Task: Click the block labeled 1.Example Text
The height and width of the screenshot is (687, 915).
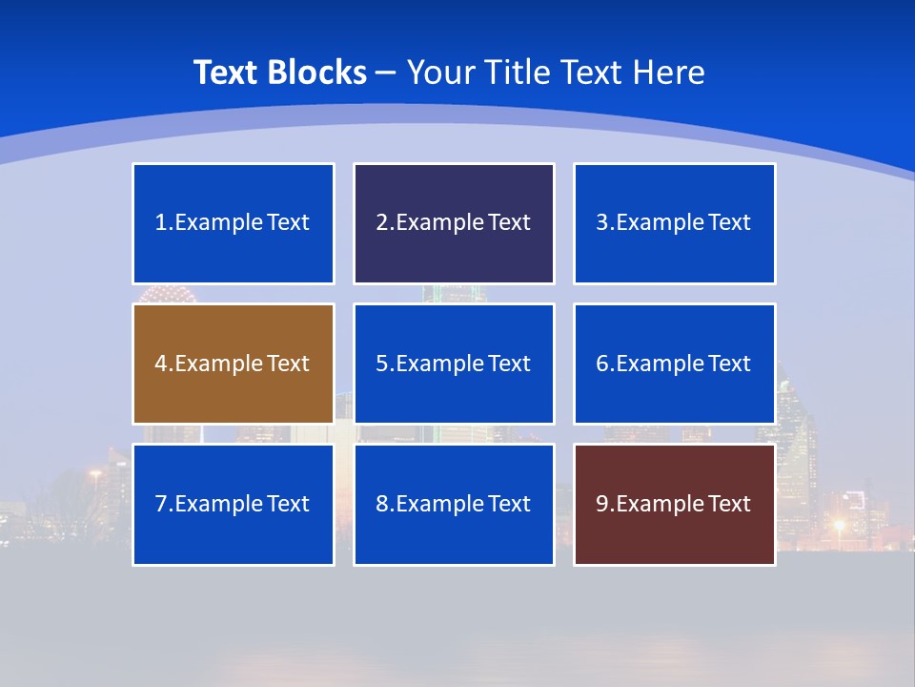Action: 234,223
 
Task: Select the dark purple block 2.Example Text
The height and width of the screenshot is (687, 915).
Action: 454,223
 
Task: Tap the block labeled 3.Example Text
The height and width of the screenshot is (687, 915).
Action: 674,223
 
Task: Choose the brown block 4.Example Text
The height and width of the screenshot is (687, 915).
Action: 234,364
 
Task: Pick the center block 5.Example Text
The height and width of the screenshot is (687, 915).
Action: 454,364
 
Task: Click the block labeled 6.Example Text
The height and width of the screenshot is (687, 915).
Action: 674,364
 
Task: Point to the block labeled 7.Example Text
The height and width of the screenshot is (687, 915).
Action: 234,504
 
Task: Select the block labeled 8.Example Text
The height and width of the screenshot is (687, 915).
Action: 454,504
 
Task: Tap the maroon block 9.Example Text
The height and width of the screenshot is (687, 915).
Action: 674,504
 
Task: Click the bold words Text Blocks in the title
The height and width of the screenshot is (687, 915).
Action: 279,73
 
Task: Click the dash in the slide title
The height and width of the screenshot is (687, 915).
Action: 386,73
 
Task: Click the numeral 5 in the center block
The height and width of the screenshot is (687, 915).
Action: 381,364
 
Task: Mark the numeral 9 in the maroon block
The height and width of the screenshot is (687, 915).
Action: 602,504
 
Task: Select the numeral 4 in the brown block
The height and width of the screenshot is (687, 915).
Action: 161,364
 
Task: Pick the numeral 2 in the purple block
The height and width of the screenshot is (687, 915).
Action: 381,223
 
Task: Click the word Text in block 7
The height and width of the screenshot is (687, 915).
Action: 288,504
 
